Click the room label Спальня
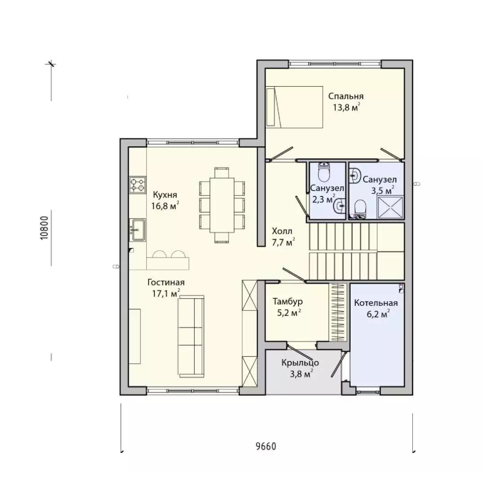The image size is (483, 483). click(346, 96)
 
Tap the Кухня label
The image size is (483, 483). click(165, 195)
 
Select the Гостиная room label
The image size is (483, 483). click(166, 283)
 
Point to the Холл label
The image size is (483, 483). click(282, 231)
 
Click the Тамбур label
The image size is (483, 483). click(288, 301)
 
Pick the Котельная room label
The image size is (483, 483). click(376, 303)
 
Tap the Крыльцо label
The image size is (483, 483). click(300, 363)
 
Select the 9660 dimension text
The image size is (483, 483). click(266, 446)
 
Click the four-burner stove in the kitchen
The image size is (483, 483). click(137, 185)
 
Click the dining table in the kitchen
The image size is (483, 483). click(222, 205)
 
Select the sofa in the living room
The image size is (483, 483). click(191, 336)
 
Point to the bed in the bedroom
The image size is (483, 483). click(294, 107)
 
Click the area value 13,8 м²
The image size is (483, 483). click(346, 107)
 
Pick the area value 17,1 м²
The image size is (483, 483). click(166, 293)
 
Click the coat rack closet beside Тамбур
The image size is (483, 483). click(338, 312)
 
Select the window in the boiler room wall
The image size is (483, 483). click(369, 392)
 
